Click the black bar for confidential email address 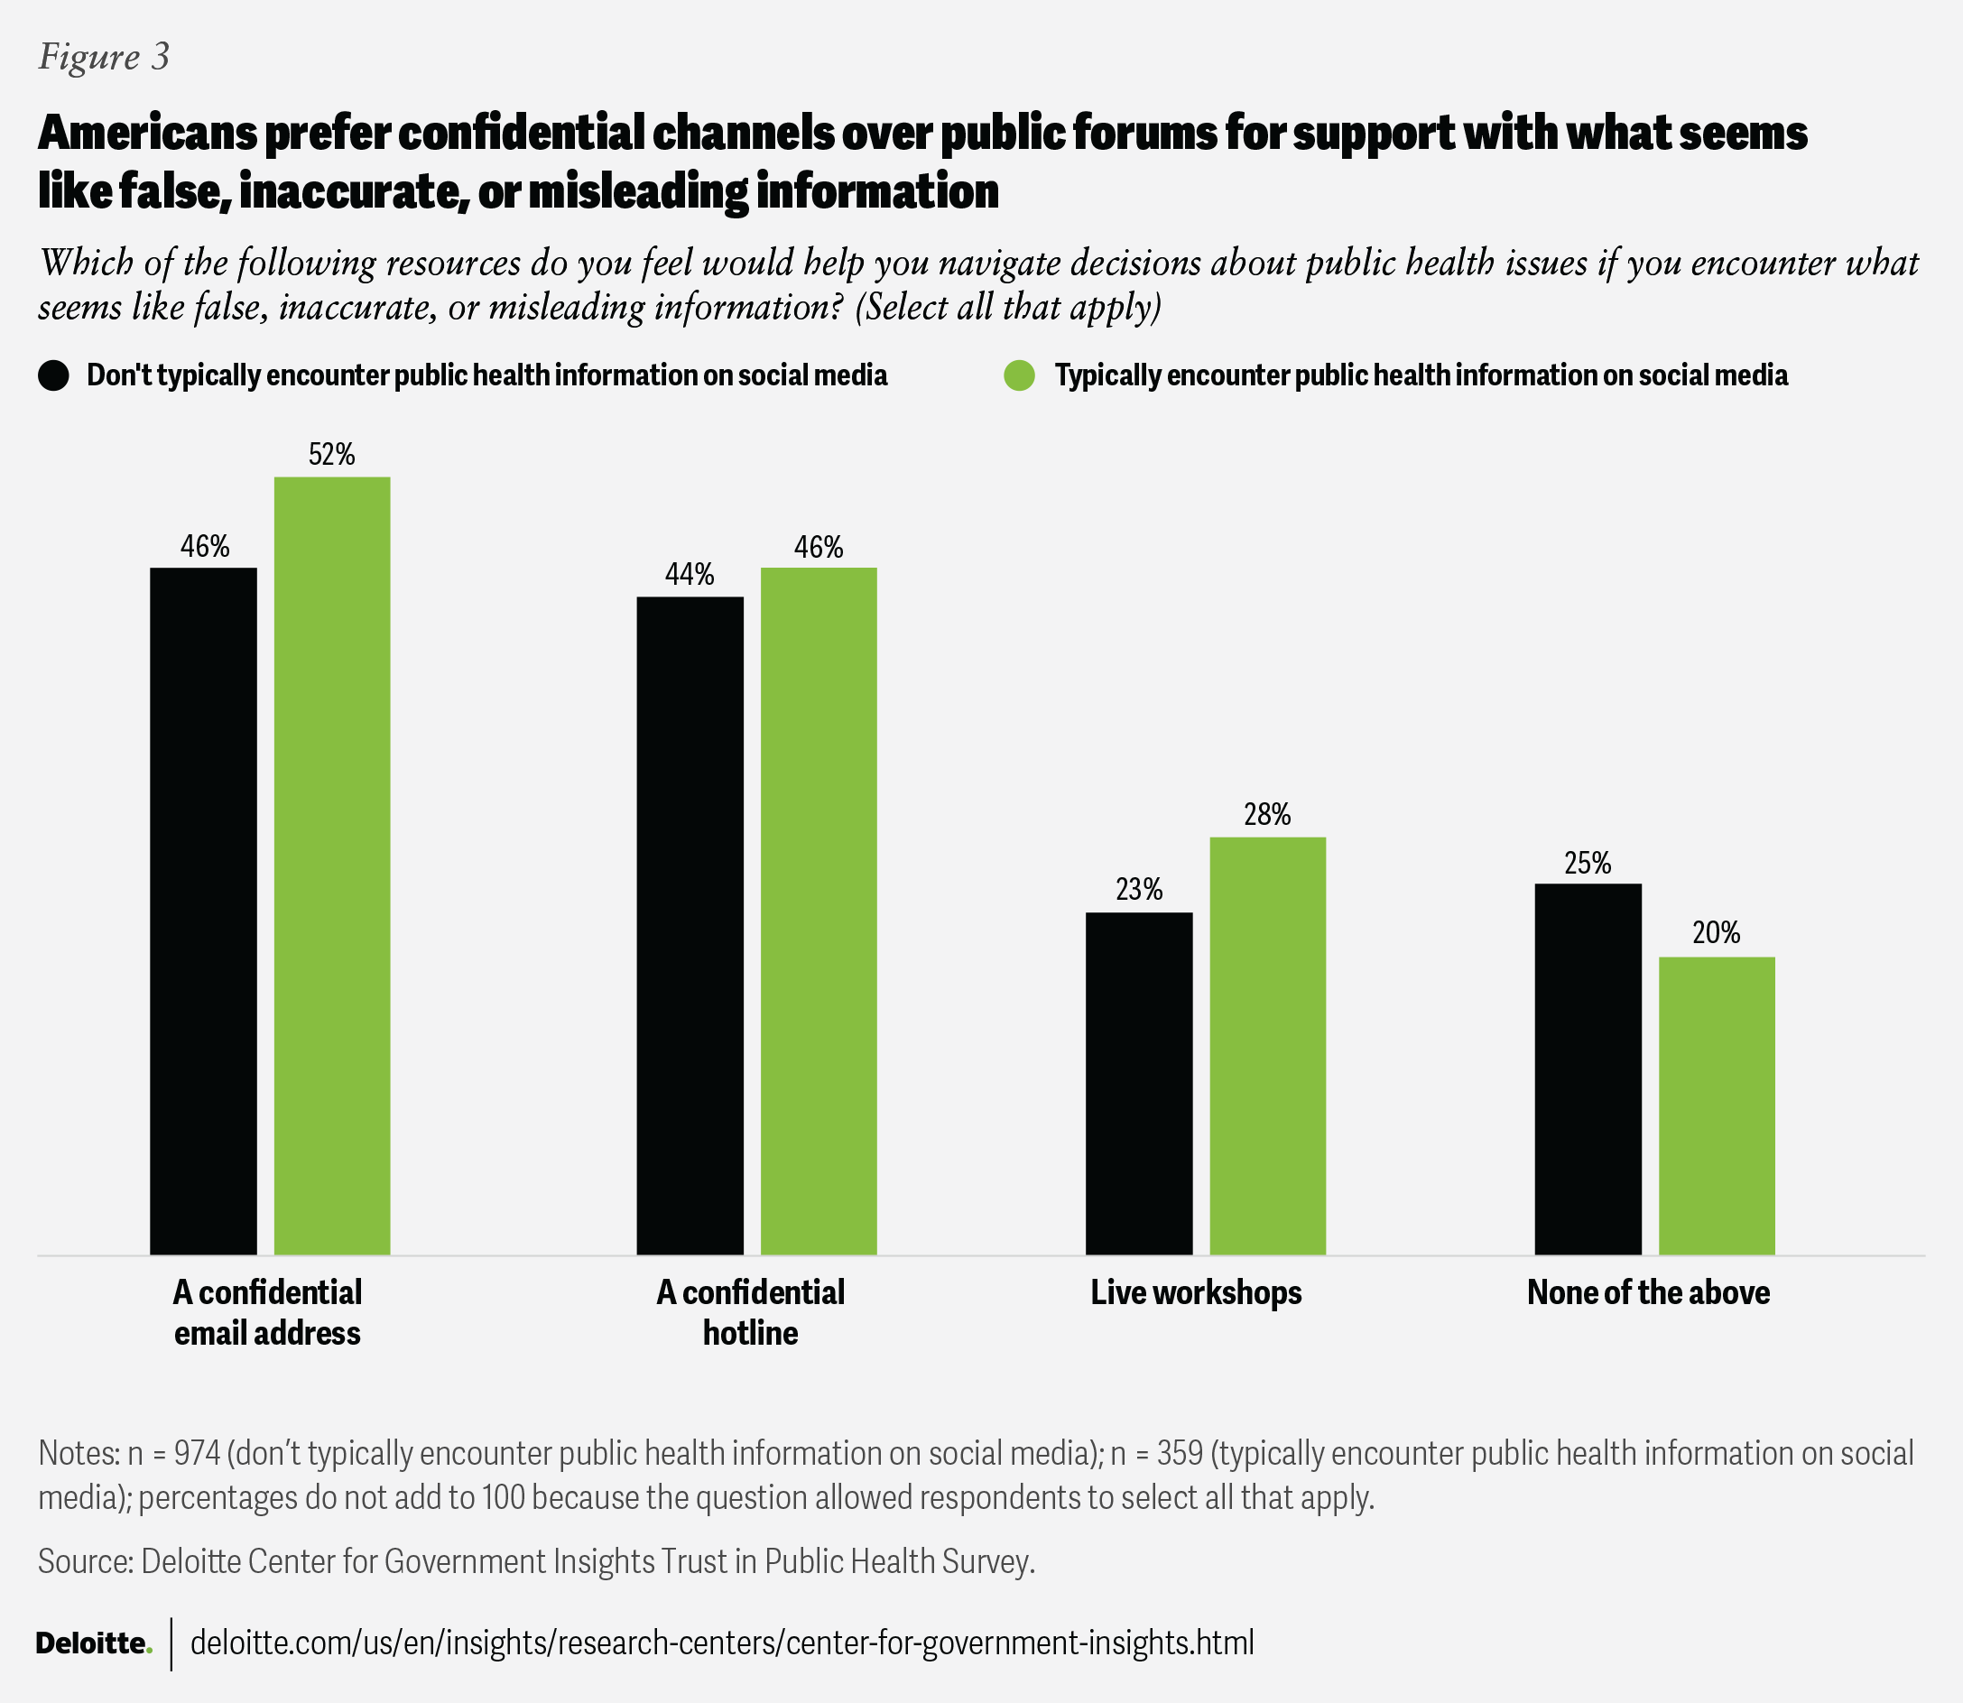pyautogui.click(x=203, y=911)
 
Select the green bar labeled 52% pyautogui.click(x=331, y=865)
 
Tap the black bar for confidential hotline pyautogui.click(x=690, y=926)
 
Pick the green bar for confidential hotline pyautogui.click(x=818, y=911)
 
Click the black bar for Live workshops pyautogui.click(x=1138, y=1083)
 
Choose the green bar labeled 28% pyautogui.click(x=1267, y=1045)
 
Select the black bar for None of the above pyautogui.click(x=1588, y=1069)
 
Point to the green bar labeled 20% pyautogui.click(x=1716, y=1106)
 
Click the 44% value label pyautogui.click(x=689, y=574)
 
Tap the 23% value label pyautogui.click(x=1138, y=890)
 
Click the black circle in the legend pyautogui.click(x=53, y=375)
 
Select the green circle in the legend pyautogui.click(x=1020, y=375)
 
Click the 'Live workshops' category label pyautogui.click(x=1196, y=1292)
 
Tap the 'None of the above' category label pyautogui.click(x=1649, y=1292)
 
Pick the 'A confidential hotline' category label pyautogui.click(x=751, y=1312)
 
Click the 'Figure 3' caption pyautogui.click(x=104, y=57)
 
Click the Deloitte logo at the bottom pyautogui.click(x=94, y=1643)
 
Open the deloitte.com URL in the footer pyautogui.click(x=722, y=1643)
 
